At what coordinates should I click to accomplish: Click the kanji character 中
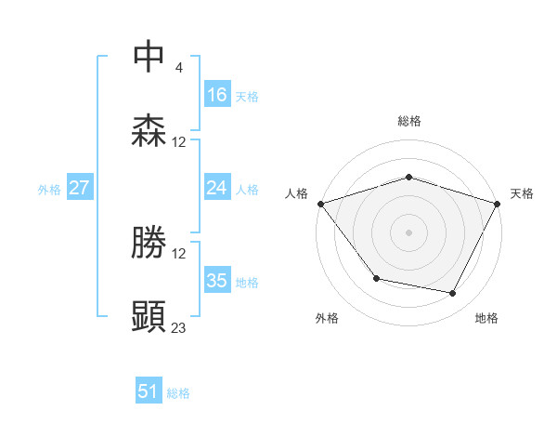coord(149,57)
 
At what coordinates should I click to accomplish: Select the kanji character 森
coord(149,131)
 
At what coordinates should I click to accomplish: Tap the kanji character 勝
coord(149,243)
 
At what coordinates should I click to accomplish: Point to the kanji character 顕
coord(149,317)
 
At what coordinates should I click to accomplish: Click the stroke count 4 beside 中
coord(179,67)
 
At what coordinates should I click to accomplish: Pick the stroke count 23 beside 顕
coord(179,327)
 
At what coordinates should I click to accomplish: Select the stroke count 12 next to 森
coord(179,142)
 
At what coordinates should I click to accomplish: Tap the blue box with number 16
coord(216,95)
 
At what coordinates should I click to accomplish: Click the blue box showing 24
coord(216,188)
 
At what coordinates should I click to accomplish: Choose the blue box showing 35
coord(216,281)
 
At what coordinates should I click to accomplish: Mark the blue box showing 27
coord(79,188)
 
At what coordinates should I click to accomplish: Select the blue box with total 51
coord(148,392)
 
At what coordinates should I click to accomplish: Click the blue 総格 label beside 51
coord(178,393)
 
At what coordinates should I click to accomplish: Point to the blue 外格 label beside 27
coord(49,189)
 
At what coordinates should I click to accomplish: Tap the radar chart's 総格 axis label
coord(408,121)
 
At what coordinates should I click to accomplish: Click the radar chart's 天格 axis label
coord(523,193)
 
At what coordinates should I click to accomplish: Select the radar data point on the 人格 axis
coord(320,204)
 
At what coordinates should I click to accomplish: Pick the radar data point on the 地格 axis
coord(453,294)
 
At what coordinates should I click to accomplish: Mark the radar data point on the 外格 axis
coord(376,278)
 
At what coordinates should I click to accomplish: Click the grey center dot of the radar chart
coord(408,232)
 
